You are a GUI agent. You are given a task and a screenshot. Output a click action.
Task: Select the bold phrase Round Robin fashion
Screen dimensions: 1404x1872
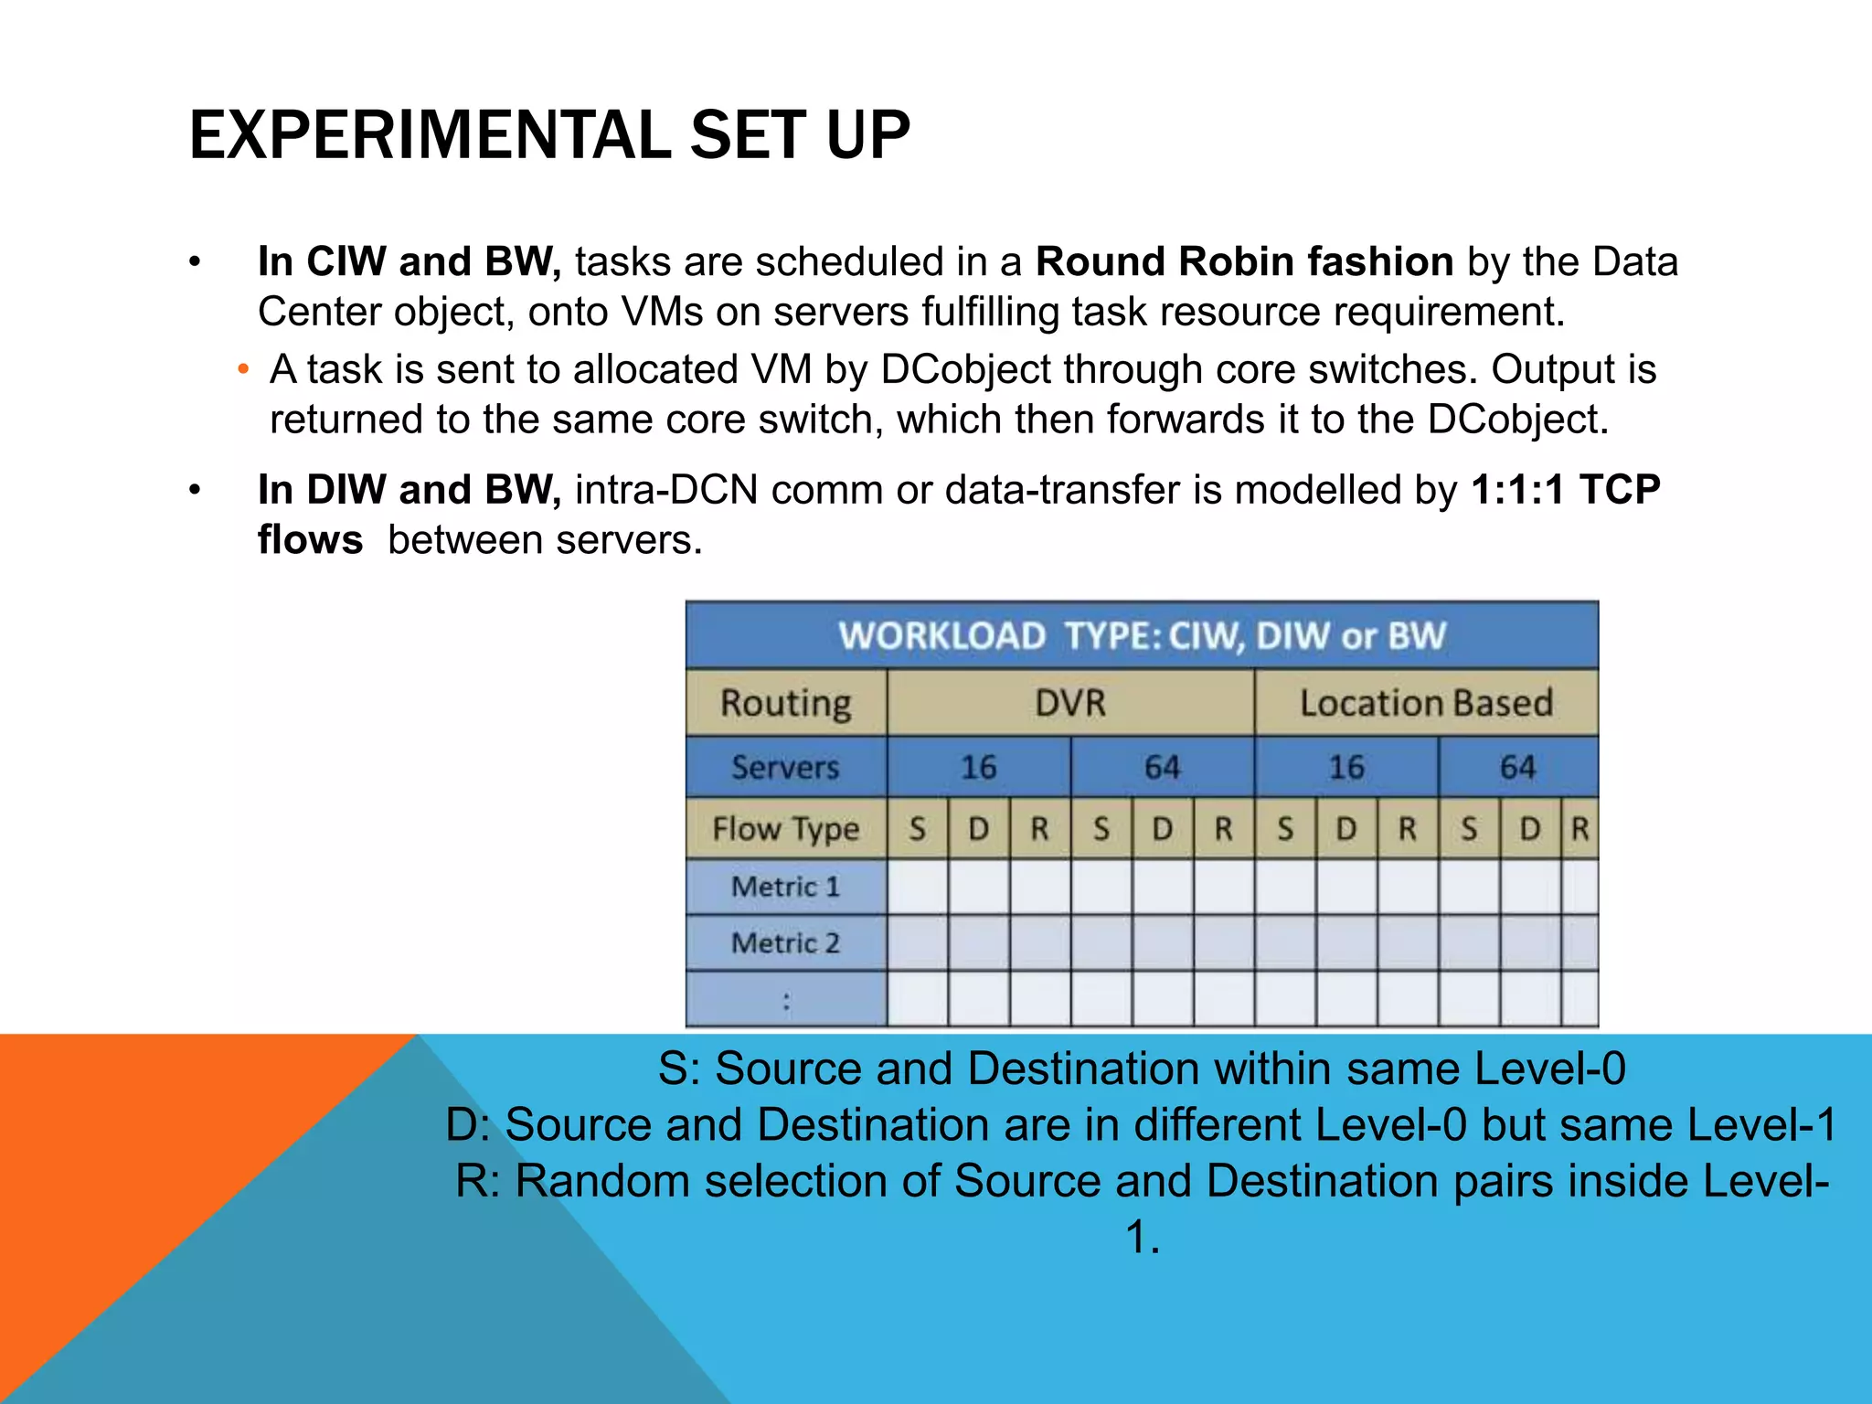click(1244, 261)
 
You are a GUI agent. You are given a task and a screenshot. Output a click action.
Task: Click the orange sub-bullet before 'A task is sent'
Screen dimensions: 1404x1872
click(242, 370)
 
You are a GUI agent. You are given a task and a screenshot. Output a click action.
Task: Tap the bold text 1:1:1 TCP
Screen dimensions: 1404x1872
click(1565, 490)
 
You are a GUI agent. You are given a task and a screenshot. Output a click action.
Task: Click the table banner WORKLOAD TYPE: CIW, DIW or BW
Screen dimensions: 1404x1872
click(1142, 635)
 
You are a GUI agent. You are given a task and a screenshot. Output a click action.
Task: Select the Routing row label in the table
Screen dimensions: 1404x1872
click(785, 703)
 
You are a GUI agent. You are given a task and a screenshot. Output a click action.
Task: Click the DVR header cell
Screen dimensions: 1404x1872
click(1069, 703)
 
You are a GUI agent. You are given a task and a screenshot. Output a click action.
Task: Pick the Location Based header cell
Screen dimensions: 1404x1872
click(1426, 703)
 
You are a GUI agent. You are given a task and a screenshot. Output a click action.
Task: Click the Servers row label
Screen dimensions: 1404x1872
click(785, 767)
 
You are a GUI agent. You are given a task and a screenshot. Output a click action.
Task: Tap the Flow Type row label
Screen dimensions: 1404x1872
click(785, 829)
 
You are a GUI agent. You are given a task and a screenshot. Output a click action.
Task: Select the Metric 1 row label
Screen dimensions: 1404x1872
click(785, 887)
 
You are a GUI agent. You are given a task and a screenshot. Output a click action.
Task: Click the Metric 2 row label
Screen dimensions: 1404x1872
click(785, 942)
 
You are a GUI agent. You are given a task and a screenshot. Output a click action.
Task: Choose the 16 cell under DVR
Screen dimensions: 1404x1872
click(978, 767)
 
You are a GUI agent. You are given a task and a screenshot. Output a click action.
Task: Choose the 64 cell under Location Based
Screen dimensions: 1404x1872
click(1517, 767)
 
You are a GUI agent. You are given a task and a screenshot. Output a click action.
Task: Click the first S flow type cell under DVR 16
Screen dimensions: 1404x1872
click(917, 829)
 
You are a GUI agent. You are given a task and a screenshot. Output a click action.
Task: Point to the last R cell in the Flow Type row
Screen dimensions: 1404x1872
click(1579, 829)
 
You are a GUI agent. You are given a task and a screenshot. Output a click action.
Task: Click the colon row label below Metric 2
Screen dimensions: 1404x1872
click(785, 1001)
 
